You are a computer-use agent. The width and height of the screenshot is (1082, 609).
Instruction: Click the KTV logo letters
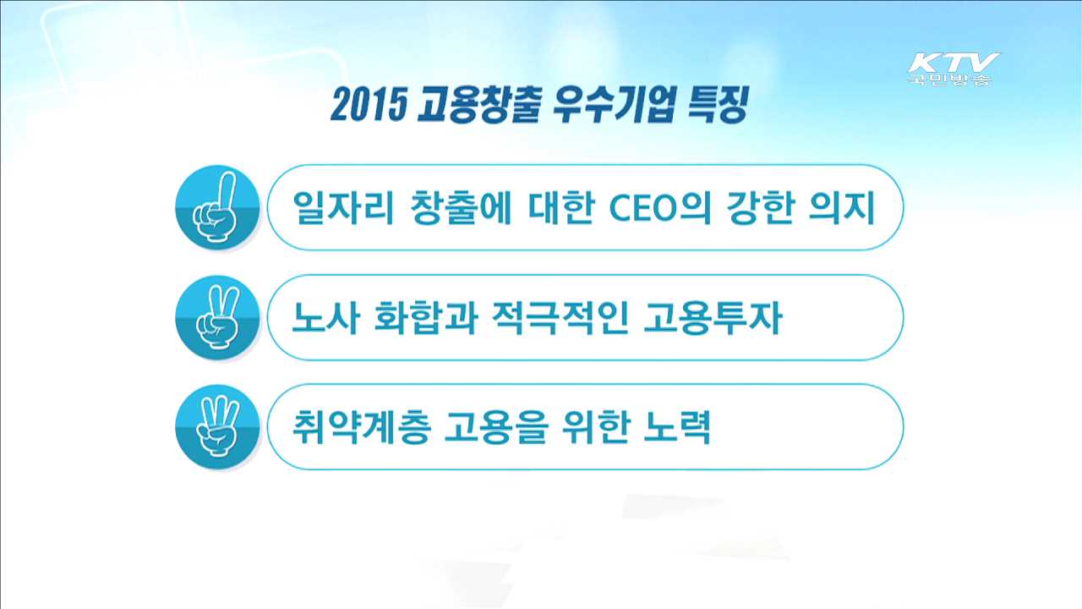pos(954,63)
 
